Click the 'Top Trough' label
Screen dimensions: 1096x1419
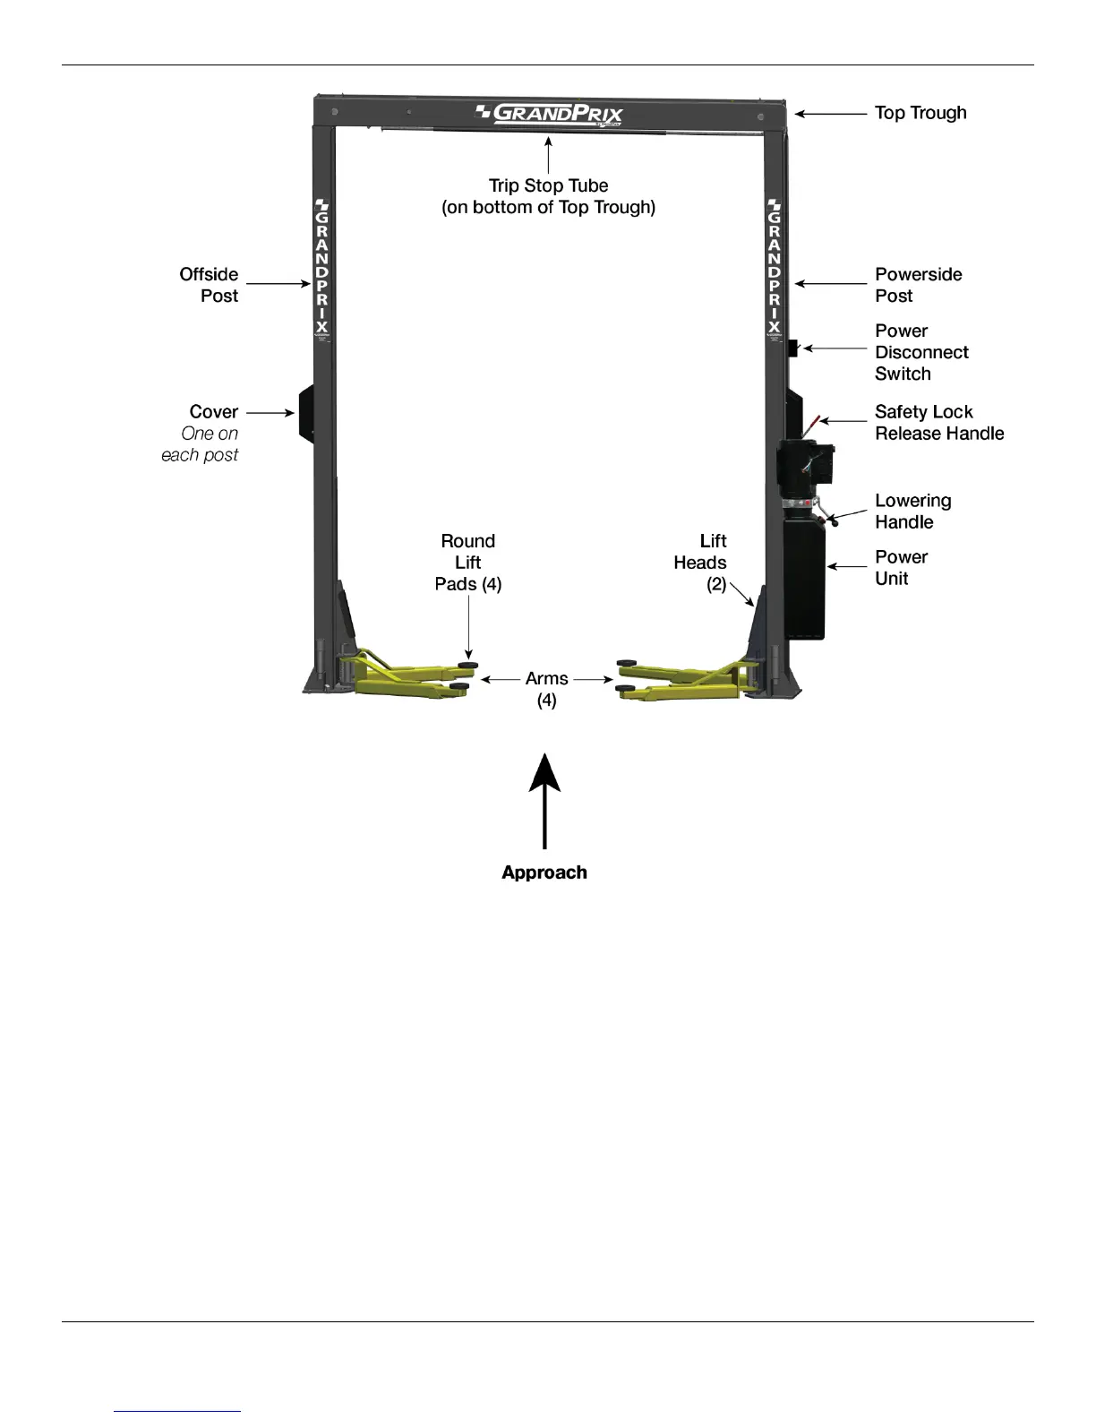click(x=920, y=113)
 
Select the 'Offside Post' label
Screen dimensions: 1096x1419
click(x=209, y=285)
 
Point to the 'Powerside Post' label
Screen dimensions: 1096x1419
click(x=918, y=285)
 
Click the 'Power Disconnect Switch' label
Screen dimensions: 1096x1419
click(x=920, y=352)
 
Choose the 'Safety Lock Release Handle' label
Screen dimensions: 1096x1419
click(x=938, y=423)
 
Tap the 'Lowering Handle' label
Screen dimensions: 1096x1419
click(x=912, y=512)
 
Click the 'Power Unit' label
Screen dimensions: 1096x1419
click(x=901, y=568)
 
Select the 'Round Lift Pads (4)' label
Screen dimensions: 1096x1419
click(x=468, y=563)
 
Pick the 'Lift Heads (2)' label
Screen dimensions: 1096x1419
click(x=701, y=563)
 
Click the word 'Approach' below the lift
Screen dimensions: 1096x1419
click(x=544, y=873)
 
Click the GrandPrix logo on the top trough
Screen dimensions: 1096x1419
click(x=548, y=114)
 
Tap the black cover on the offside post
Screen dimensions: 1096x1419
click(x=306, y=413)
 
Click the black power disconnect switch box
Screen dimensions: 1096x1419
click(x=792, y=348)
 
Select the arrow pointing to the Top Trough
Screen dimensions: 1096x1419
click(x=830, y=114)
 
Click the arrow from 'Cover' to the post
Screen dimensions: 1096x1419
click(x=270, y=413)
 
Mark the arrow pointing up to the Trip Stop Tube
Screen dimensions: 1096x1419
click(x=548, y=154)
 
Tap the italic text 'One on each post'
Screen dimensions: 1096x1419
click(x=201, y=444)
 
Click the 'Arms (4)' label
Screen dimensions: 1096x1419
click(x=547, y=689)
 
